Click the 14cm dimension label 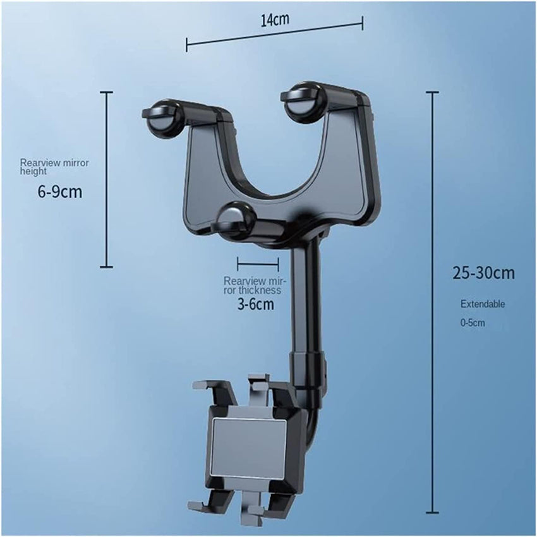click(275, 19)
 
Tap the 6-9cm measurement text click(60, 191)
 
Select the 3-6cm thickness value click(256, 305)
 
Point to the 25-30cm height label click(483, 273)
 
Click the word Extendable click(482, 304)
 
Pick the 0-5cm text click(472, 323)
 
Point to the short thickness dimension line click(258, 263)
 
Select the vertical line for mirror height click(106, 179)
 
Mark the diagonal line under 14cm click(275, 35)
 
